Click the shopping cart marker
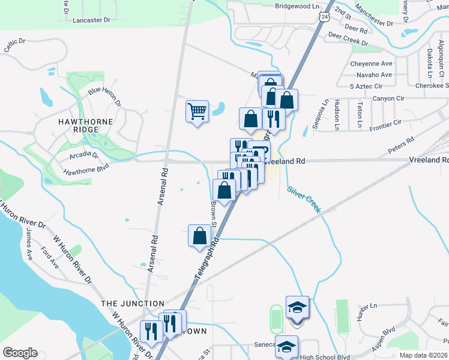[197, 112]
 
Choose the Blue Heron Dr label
[104, 97]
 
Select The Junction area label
[133, 304]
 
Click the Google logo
[20, 353]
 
